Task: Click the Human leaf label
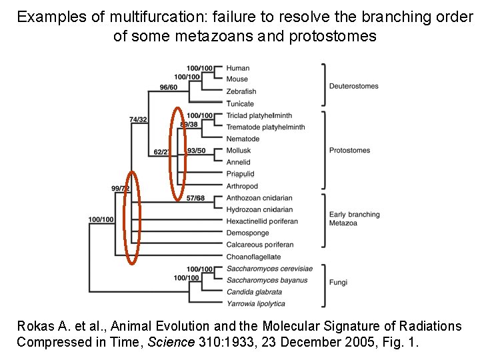[238, 68]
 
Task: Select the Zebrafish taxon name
[241, 91]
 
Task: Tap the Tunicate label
[240, 103]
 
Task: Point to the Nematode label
[243, 139]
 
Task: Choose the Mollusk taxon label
[239, 151]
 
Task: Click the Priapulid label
[240, 174]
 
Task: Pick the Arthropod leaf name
[242, 186]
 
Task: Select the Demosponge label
[247, 233]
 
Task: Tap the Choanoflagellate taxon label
[253, 257]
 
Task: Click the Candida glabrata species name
[254, 292]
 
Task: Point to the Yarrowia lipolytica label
[255, 304]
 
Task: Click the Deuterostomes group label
[353, 86]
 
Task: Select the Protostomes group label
[349, 151]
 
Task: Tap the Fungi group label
[338, 283]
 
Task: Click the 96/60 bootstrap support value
[169, 87]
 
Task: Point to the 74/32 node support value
[138, 120]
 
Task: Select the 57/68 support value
[195, 198]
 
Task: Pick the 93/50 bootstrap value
[197, 151]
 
